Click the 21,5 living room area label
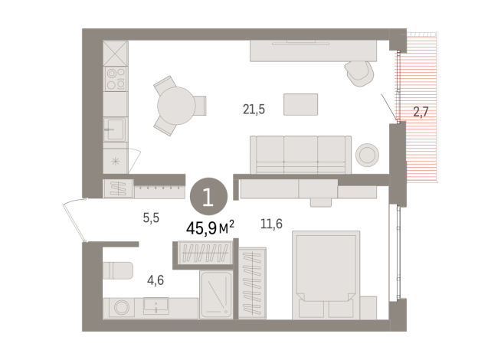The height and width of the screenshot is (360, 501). point(254,110)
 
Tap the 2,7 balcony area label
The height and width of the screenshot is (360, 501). point(421,113)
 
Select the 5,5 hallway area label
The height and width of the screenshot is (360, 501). point(151,218)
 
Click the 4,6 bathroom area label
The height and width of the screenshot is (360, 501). point(155,280)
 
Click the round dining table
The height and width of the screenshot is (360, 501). point(176,104)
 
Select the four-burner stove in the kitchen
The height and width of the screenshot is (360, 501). point(116,78)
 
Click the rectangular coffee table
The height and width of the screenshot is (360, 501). point(300,104)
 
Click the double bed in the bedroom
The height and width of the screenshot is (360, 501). point(326,276)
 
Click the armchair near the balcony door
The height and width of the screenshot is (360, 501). point(359,72)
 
